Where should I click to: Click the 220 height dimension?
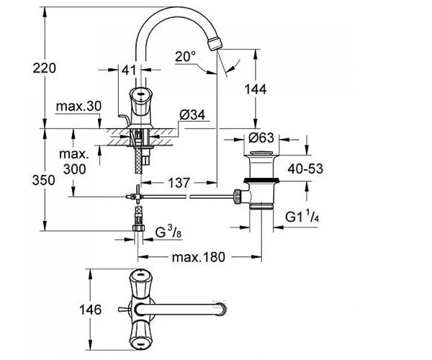coord(45,68)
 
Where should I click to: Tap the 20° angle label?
coord(186,56)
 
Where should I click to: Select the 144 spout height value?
coord(256,89)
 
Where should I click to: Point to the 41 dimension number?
coord(129,70)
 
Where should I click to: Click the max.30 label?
coord(78,106)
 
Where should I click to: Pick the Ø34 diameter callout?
coord(192,115)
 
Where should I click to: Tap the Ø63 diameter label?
coord(261,138)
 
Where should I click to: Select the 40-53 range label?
coord(305,168)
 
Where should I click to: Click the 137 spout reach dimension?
coord(179,183)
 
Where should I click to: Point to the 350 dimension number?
coord(43,181)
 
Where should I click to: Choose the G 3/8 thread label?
coord(168,232)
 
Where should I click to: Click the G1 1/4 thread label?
coord(302,216)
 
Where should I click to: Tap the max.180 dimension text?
coord(199,257)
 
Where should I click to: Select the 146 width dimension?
coord(91,310)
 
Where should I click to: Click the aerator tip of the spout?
coord(215,44)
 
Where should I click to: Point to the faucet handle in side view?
coord(141,104)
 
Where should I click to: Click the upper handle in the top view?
coord(140,284)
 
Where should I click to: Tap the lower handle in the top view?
coord(140,336)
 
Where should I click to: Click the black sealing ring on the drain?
coord(261,181)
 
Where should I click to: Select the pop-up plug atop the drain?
coord(261,153)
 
